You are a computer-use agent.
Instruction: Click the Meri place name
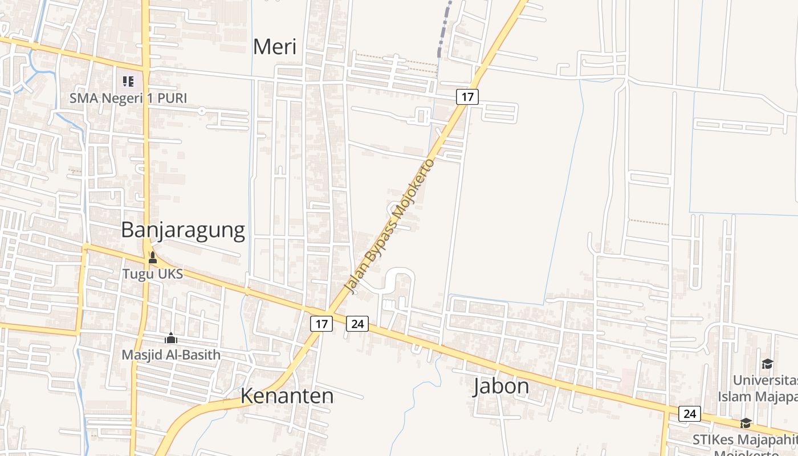coord(274,47)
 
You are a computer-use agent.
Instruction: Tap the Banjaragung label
coord(183,230)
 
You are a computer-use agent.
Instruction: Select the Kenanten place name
coord(287,395)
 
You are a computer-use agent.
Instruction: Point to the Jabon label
coord(501,386)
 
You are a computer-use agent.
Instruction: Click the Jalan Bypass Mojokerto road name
coord(390,227)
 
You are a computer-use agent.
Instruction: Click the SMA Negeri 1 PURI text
coord(128,98)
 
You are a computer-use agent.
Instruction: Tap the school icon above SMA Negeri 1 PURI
coord(128,82)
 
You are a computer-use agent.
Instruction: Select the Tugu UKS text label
coord(153,274)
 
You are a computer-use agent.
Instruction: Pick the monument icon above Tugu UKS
coord(152,258)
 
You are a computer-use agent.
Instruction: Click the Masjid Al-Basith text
coord(171,355)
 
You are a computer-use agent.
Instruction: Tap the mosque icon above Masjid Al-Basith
coord(171,339)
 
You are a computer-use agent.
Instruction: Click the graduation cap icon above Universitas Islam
coord(767,364)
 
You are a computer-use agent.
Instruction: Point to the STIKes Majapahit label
coord(744,439)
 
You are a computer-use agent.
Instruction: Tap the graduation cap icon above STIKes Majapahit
coord(746,423)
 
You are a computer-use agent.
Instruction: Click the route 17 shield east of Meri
coord(467,97)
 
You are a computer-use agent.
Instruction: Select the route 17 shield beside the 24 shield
coord(321,324)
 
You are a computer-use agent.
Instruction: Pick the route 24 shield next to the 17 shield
coord(357,324)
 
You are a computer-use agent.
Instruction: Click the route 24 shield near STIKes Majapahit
coord(689,413)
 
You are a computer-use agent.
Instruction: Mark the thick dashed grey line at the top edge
coord(444,28)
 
